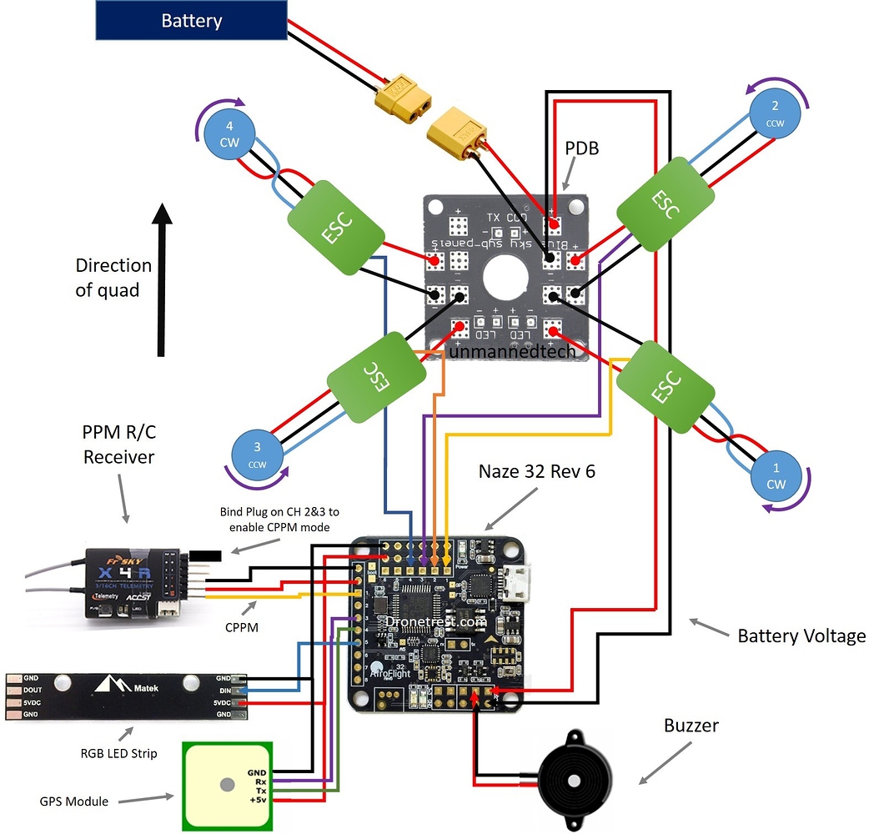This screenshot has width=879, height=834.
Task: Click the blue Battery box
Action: pyautogui.click(x=192, y=20)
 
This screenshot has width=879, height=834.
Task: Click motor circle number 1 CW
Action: pyautogui.click(x=775, y=476)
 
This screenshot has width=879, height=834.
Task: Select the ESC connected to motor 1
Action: pyautogui.click(x=665, y=384)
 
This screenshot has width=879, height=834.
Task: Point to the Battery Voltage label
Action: pyautogui.click(x=801, y=636)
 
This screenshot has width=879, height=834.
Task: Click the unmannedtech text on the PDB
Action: pyautogui.click(x=512, y=352)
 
